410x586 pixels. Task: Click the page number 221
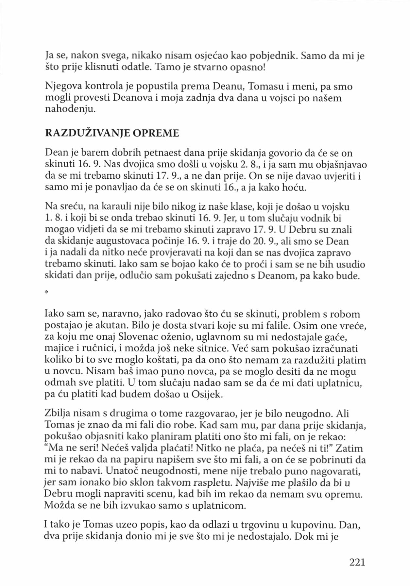coord(357,562)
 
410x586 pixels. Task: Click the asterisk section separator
coord(46,293)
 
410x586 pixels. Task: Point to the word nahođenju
coord(70,109)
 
